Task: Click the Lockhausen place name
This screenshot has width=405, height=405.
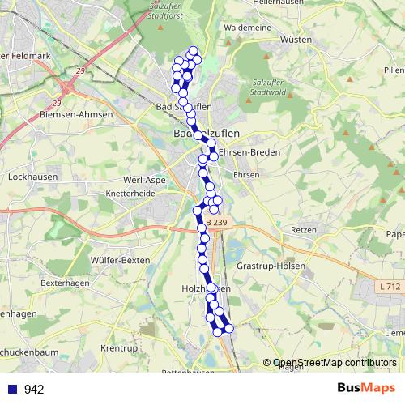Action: pyautogui.click(x=30, y=176)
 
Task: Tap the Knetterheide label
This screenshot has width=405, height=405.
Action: pyautogui.click(x=131, y=194)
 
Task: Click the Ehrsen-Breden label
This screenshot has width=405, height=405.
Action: pyautogui.click(x=249, y=152)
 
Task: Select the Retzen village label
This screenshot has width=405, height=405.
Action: pyautogui.click(x=302, y=230)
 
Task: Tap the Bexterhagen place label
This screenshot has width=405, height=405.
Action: pyautogui.click(x=63, y=284)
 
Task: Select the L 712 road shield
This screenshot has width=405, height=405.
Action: pyautogui.click(x=389, y=287)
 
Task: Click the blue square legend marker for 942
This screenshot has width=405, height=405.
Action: pyautogui.click(x=13, y=389)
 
